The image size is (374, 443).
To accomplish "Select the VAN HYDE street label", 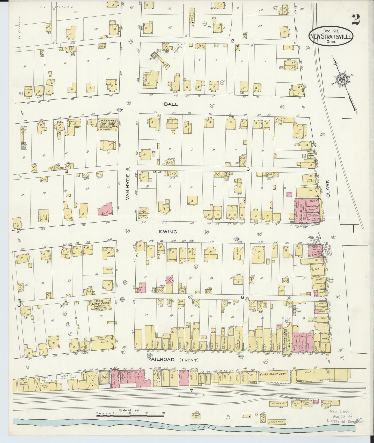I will click(x=128, y=187).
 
